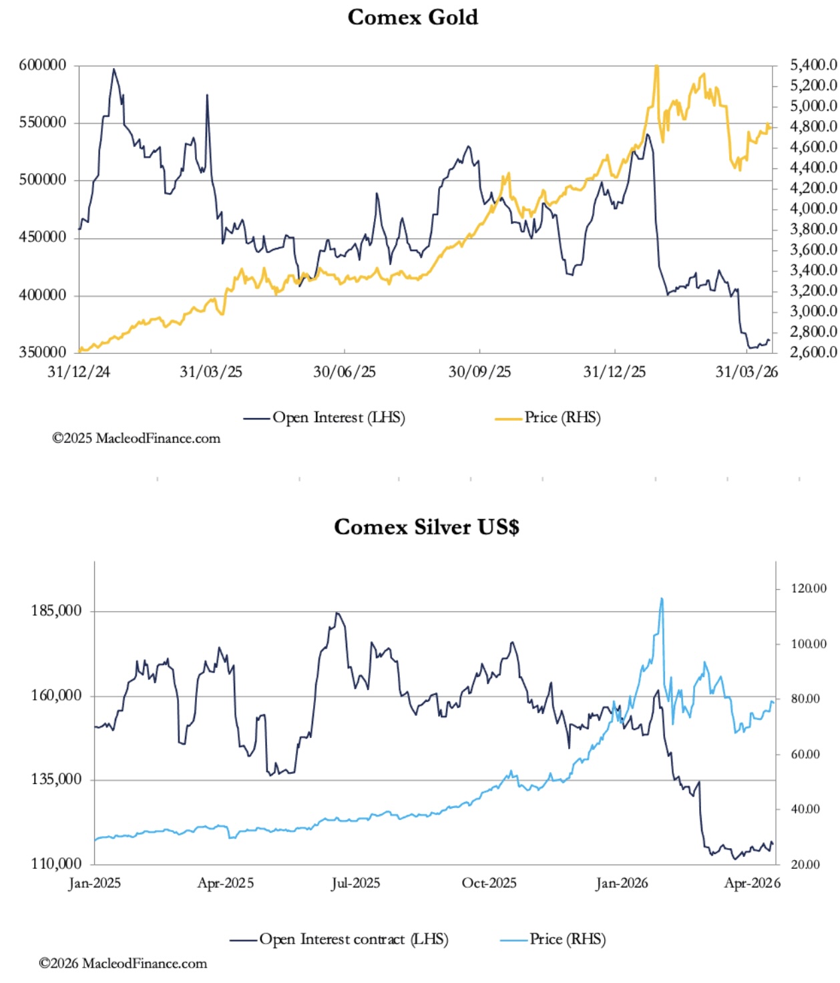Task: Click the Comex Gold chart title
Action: point(413,17)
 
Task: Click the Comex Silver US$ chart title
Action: point(426,527)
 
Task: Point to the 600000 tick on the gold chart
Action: point(43,65)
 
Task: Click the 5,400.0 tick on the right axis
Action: point(813,65)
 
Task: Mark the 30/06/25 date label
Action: point(345,372)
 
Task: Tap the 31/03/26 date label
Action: point(747,372)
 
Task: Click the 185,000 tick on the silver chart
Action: point(56,610)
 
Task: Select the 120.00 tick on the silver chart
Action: point(809,588)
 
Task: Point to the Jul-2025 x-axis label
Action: point(355,883)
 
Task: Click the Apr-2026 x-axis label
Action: point(752,883)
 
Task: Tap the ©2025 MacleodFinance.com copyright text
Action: point(136,439)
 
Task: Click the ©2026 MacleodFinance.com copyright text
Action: point(123,963)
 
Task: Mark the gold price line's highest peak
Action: point(657,66)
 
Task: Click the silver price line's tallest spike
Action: point(662,599)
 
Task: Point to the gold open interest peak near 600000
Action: point(114,69)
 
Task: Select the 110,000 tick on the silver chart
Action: point(56,863)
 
